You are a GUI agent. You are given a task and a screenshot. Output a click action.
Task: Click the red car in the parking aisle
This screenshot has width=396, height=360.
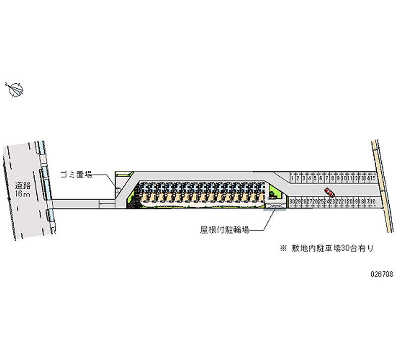pyautogui.click(x=329, y=192)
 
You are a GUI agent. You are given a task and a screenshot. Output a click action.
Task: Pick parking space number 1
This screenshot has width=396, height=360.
pyautogui.click(x=293, y=177)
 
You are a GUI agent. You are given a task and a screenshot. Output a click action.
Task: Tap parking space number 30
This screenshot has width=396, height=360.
pyautogui.click(x=293, y=202)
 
